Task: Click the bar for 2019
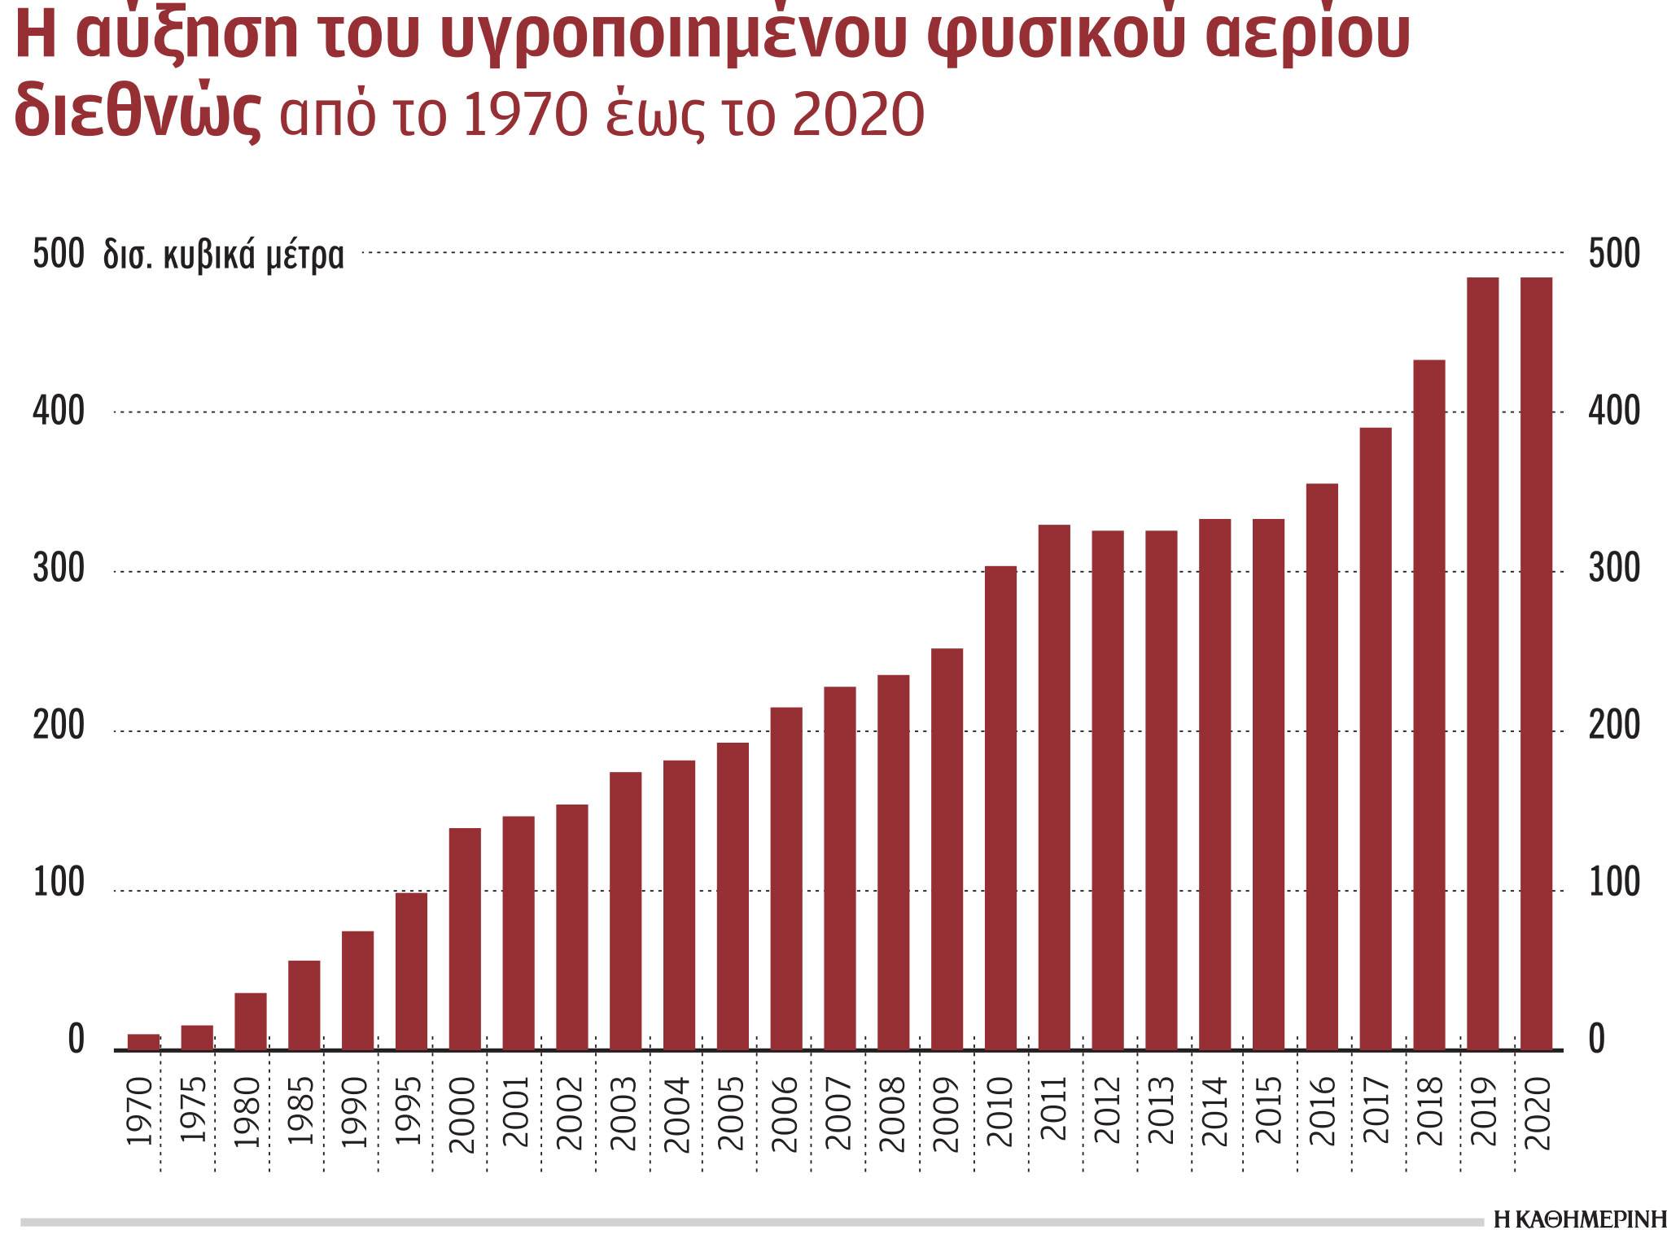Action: click(x=1482, y=663)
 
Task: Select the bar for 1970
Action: click(x=144, y=1041)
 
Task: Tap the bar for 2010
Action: click(x=1000, y=807)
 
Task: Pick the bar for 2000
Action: click(x=465, y=938)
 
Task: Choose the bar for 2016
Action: click(x=1322, y=766)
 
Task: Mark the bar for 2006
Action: click(x=786, y=878)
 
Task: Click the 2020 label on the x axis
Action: click(x=1538, y=1113)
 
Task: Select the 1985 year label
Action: click(x=302, y=1110)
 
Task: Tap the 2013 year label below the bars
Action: click(x=1162, y=1110)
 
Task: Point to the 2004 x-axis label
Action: click(x=677, y=1113)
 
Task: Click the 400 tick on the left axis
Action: click(x=59, y=412)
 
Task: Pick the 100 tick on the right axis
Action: click(x=1614, y=883)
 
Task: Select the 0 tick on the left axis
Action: click(x=76, y=1040)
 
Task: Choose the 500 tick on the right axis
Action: click(x=1614, y=254)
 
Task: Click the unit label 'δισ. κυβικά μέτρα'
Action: click(x=224, y=255)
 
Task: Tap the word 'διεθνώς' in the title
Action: click(x=138, y=111)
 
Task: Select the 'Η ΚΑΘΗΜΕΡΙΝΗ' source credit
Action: click(x=1579, y=1219)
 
